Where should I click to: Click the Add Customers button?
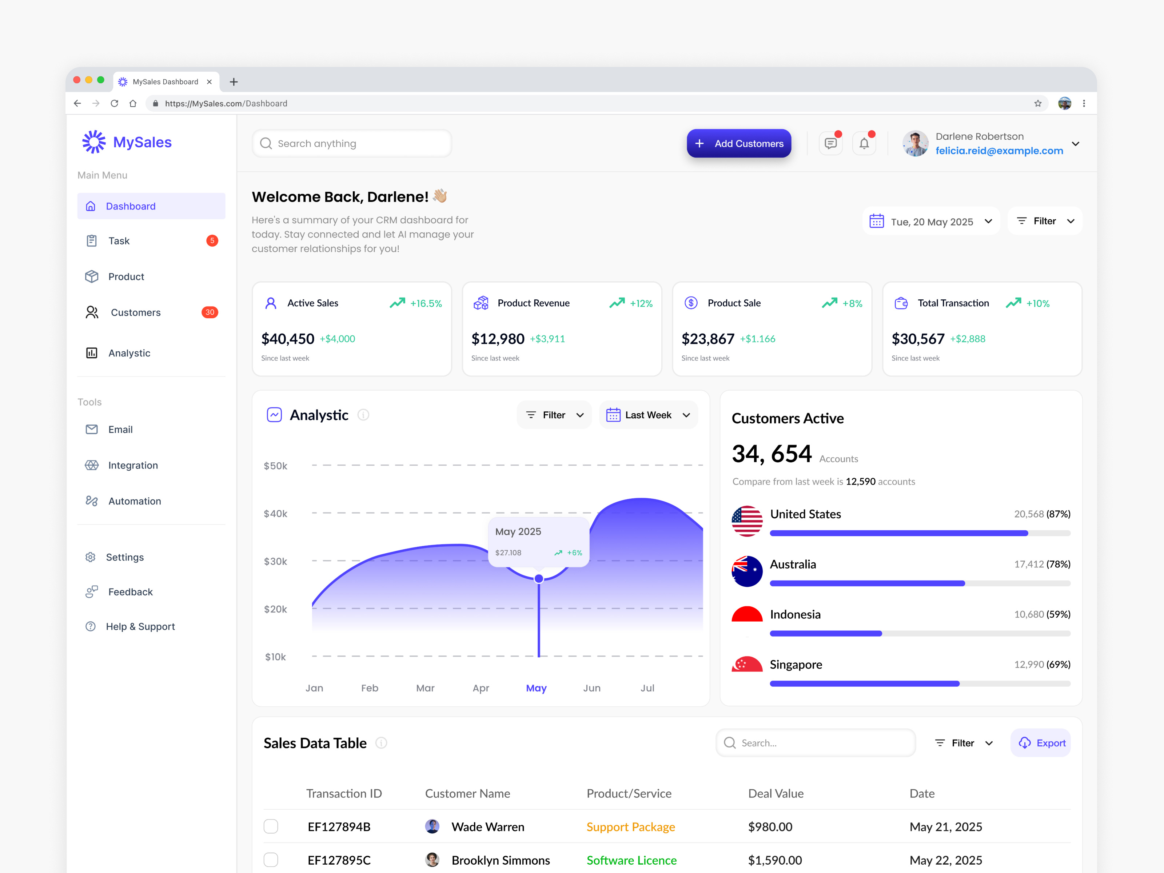click(738, 144)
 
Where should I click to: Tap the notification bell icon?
click(864, 144)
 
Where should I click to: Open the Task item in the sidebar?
click(119, 241)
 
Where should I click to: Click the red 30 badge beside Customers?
click(210, 312)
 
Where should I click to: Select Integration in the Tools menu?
click(133, 465)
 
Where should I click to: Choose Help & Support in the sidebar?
click(140, 627)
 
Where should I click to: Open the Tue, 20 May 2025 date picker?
click(931, 222)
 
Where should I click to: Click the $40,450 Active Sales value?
click(287, 339)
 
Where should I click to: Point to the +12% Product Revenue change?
click(641, 304)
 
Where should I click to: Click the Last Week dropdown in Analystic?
click(648, 415)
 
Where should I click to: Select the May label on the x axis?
click(536, 688)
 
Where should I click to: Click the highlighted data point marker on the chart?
click(539, 579)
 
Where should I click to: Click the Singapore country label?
click(796, 665)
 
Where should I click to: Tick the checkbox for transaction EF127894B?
click(271, 827)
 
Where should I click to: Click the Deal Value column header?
click(776, 794)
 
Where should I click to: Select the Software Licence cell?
click(631, 860)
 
